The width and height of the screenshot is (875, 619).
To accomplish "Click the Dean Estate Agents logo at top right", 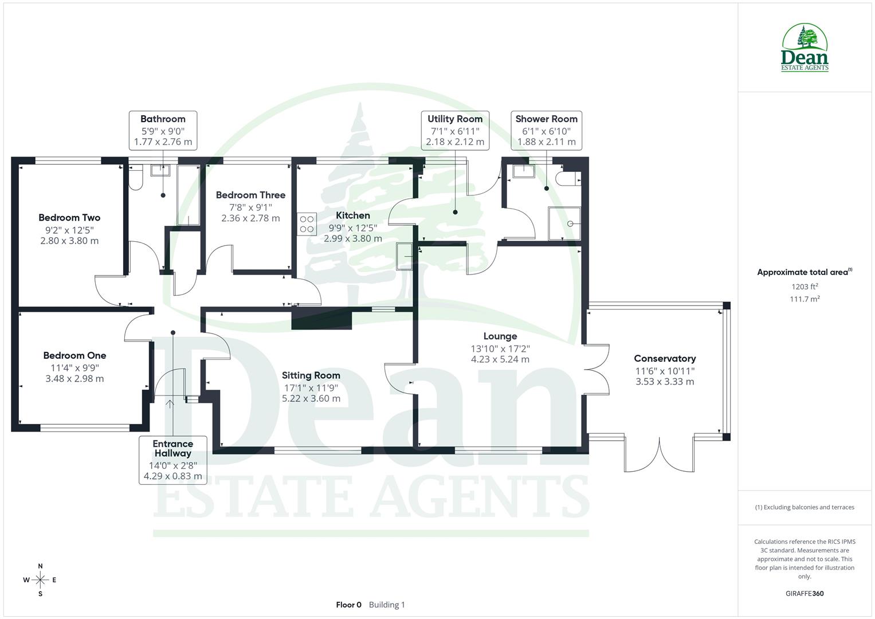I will (x=805, y=48).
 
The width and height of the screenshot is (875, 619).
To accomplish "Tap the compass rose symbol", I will (x=40, y=579).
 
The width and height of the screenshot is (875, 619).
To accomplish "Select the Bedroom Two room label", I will (x=69, y=218).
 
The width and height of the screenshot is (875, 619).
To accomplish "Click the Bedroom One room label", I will (x=74, y=355).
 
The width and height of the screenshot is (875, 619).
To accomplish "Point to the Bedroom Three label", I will (x=250, y=195).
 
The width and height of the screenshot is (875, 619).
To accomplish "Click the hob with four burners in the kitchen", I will (x=307, y=224).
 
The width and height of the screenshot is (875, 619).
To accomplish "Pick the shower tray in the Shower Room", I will (x=564, y=224).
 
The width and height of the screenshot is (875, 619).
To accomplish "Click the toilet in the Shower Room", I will (x=571, y=178).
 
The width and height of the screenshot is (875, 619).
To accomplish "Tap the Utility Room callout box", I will (x=455, y=131).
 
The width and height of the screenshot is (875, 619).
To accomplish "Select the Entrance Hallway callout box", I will (x=172, y=460).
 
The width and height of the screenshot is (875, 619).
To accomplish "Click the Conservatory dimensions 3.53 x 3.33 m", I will (x=665, y=382).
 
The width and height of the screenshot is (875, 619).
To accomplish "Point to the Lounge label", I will (x=500, y=336).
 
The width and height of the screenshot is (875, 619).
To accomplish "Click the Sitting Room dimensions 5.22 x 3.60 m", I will (x=311, y=398).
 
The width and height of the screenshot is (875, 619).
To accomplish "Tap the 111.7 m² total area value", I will (x=805, y=299).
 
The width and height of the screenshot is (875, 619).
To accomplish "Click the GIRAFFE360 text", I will (x=805, y=593).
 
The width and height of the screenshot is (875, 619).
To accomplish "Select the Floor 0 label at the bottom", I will (x=348, y=605).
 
